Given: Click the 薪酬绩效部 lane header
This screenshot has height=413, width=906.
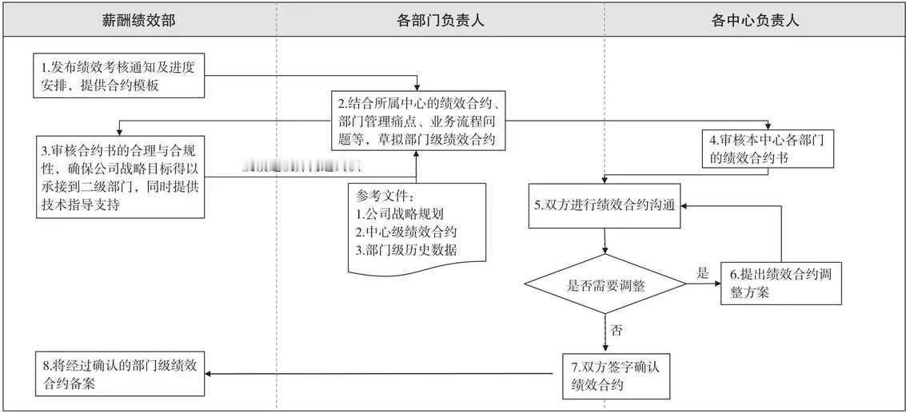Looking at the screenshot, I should tap(138, 21).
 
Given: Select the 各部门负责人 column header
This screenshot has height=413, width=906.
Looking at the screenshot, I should tap(440, 21).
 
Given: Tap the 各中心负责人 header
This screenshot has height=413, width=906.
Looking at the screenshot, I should tap(755, 21).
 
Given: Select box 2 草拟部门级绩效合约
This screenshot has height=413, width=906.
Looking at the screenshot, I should tap(420, 121).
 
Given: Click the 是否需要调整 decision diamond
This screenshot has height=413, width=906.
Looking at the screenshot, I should tap(605, 285).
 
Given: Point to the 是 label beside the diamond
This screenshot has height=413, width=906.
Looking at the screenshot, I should tap(702, 273).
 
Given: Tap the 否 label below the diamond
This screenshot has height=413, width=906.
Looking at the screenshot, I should tap(615, 329).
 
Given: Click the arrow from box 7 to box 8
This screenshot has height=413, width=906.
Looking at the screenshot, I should tap(384, 373).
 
